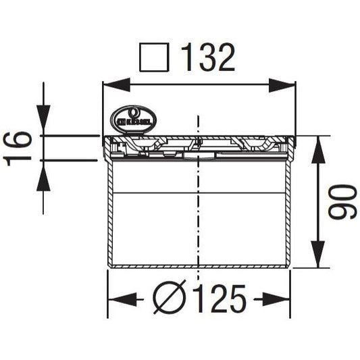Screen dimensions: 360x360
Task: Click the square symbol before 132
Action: click(153, 59)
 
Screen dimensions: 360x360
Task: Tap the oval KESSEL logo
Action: click(133, 120)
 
